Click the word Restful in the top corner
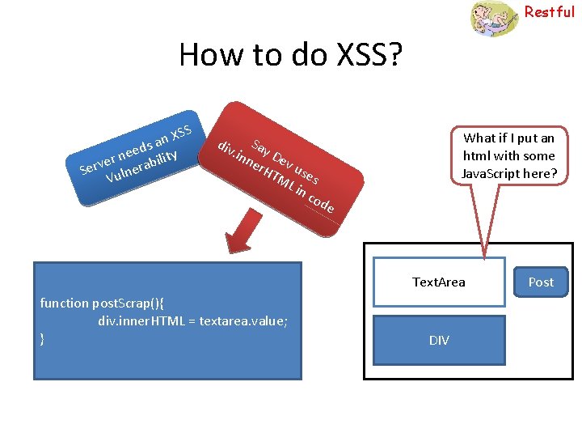[x=549, y=12]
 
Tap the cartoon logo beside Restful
[x=494, y=18]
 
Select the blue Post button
[x=541, y=282]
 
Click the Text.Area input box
[x=439, y=282]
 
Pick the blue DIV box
[x=439, y=340]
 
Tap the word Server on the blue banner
[x=97, y=164]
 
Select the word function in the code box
[x=65, y=303]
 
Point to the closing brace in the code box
[x=43, y=338]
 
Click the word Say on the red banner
[x=259, y=147]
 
